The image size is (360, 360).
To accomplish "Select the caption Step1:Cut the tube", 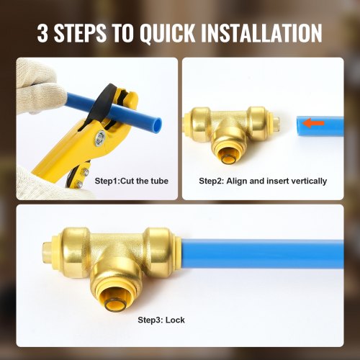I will pyautogui.click(x=132, y=181).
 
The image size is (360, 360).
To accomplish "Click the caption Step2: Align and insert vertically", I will pyautogui.click(x=263, y=181).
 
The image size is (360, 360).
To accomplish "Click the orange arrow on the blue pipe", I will pyautogui.click(x=312, y=123).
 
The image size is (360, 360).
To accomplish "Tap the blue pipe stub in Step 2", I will pyautogui.click(x=318, y=124).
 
